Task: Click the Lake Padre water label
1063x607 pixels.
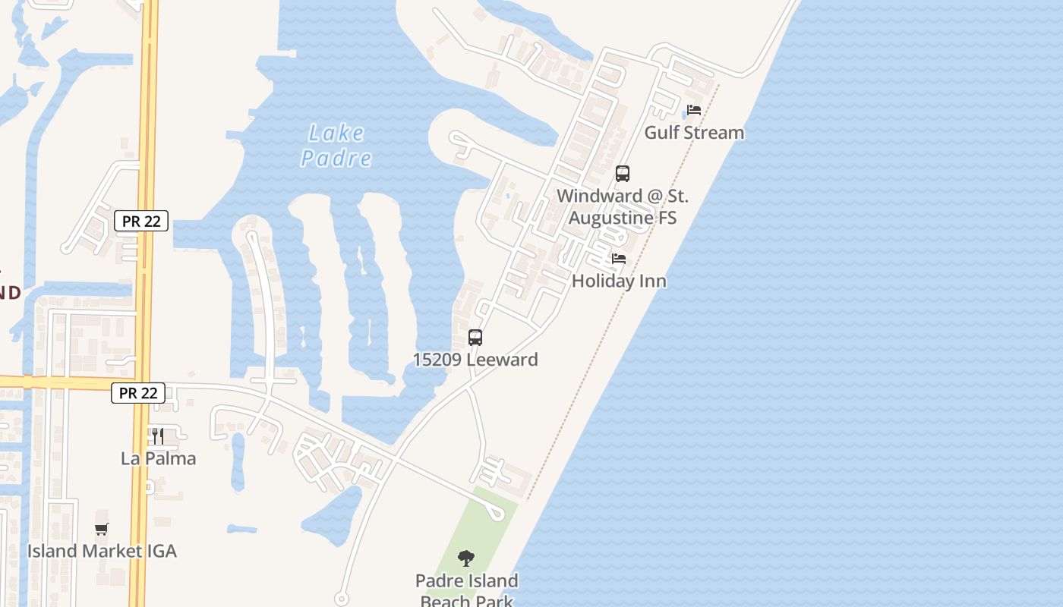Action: (336, 146)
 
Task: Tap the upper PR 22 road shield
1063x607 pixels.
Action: (141, 221)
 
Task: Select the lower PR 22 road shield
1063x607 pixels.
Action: (138, 393)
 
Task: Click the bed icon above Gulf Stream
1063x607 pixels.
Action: (693, 111)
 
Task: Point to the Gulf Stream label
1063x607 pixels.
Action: (694, 133)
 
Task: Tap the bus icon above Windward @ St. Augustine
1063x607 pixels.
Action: (623, 174)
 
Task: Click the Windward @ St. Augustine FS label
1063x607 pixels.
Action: (623, 207)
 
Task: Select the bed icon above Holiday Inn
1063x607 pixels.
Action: (619, 259)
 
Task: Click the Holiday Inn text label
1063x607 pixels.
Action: (619, 281)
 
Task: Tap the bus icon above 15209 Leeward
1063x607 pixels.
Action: (475, 338)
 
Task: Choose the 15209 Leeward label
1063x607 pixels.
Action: (475, 360)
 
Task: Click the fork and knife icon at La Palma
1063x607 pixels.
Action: (157, 436)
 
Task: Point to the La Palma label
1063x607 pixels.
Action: (159, 459)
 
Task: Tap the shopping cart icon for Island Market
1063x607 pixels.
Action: (102, 529)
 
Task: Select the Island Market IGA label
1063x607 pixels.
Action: (102, 552)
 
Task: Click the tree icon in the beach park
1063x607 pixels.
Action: (466, 559)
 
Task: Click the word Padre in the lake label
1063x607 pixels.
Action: (336, 159)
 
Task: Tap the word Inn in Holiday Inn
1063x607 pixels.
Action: (652, 281)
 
